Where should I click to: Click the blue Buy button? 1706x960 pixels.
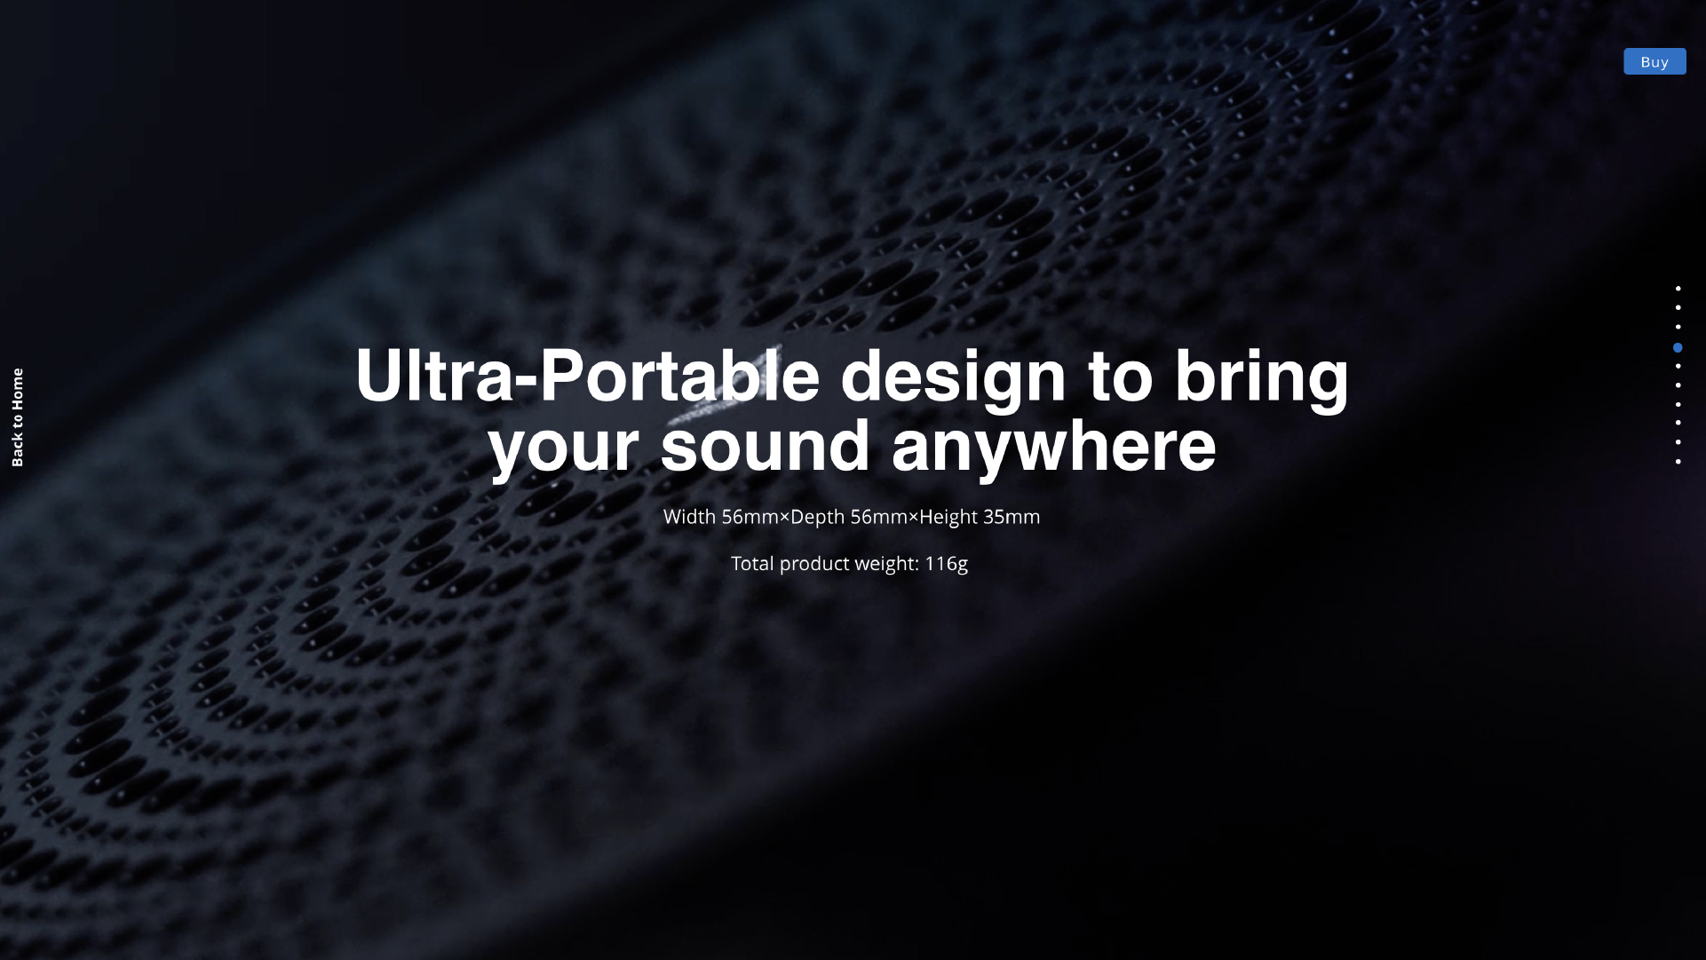coord(1654,61)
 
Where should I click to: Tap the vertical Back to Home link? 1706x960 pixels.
coord(18,417)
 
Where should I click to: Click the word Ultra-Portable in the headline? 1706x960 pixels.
coord(587,376)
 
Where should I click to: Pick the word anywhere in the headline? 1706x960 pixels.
coord(1054,447)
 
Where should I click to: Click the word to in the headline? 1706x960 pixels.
coord(1121,377)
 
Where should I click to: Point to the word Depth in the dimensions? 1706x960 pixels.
coord(818,518)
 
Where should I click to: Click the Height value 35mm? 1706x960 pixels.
coord(1012,517)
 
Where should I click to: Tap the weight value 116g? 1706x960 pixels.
coord(947,564)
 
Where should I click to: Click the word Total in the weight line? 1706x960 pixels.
coord(752,564)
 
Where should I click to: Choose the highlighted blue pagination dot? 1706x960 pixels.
coord(1678,347)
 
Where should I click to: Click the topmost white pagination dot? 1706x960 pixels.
coord(1678,289)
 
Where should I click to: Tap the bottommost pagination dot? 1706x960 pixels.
coord(1678,462)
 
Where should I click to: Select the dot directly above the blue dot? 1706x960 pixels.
coord(1678,327)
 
